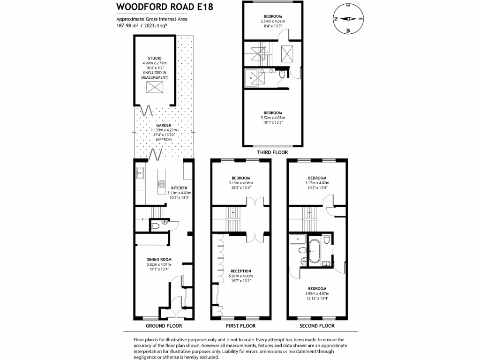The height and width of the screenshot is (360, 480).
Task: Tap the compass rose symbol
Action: (348, 19)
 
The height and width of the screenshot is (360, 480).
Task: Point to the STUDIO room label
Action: (155, 58)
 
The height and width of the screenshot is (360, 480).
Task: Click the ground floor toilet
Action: (157, 225)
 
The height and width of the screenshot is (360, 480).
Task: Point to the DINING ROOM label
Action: (159, 259)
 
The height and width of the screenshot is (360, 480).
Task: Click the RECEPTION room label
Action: (240, 271)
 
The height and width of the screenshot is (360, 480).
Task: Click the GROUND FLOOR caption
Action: (163, 326)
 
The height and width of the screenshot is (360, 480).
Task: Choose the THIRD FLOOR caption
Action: (272, 152)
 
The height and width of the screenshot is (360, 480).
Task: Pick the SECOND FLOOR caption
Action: (317, 326)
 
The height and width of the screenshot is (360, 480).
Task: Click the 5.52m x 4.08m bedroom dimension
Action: (272, 118)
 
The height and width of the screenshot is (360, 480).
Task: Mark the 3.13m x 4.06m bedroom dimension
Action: (240, 183)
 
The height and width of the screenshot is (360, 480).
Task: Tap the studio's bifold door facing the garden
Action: (147, 111)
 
